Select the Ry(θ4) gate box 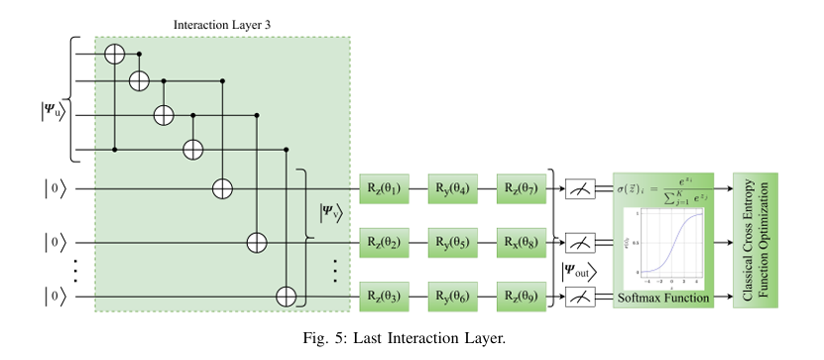(x=452, y=187)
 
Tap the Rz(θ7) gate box (x=521, y=187)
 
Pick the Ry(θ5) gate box (x=452, y=241)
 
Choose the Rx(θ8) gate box (x=521, y=241)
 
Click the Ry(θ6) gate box (x=452, y=295)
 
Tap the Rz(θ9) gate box (x=521, y=295)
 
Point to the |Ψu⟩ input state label (x=50, y=112)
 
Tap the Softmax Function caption (x=663, y=297)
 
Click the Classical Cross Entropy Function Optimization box (x=756, y=240)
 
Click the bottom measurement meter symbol (x=580, y=296)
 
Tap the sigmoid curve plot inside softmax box (x=665, y=247)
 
